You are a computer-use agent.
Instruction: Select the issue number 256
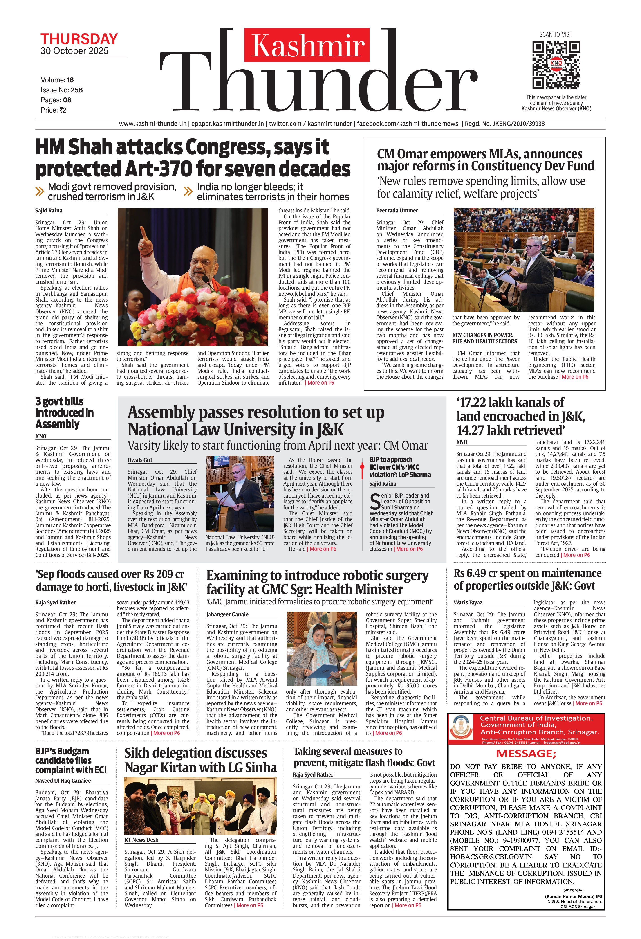(x=77, y=90)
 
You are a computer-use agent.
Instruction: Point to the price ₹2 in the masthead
(x=62, y=110)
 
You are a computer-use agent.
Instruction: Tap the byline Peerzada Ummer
(x=397, y=211)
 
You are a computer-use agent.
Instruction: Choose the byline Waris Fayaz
(x=468, y=602)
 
